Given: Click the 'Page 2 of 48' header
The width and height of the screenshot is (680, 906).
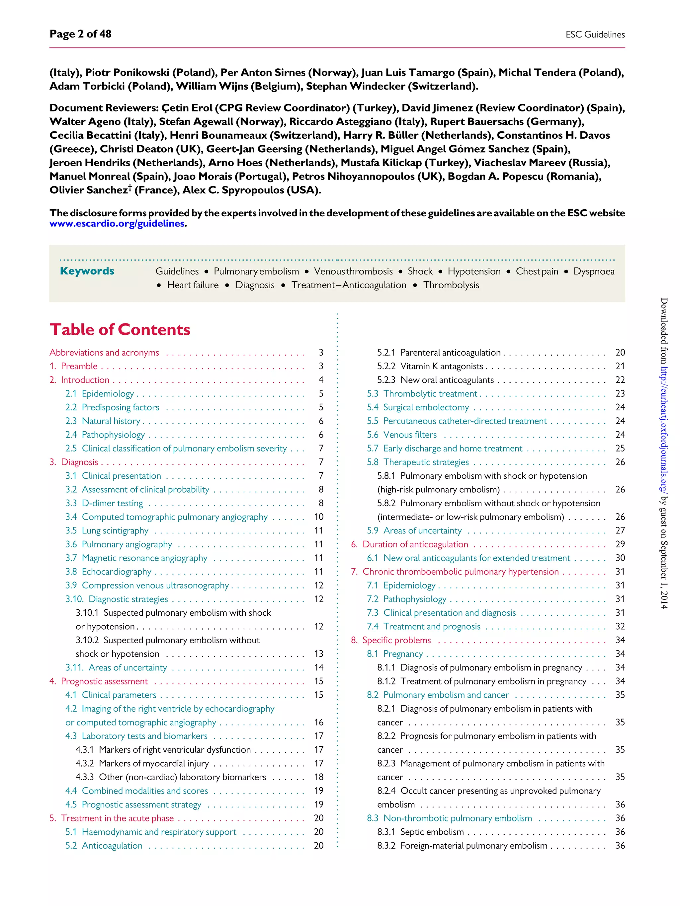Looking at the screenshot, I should (x=80, y=34).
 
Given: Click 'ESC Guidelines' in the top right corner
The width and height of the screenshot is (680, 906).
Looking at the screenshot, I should (x=595, y=35).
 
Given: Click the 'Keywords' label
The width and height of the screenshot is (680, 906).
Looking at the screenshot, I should (x=87, y=271).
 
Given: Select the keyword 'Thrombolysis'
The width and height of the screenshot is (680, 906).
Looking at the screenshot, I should (x=451, y=285).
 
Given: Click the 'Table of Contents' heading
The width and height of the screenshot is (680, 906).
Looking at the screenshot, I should (x=120, y=330).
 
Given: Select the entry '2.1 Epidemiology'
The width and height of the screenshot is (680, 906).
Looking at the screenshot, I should (x=100, y=393).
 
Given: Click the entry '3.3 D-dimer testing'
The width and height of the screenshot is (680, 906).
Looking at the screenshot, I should (x=104, y=503).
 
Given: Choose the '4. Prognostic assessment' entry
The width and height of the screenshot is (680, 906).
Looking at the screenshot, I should (x=98, y=681).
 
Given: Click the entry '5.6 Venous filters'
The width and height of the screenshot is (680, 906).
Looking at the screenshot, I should (x=402, y=435).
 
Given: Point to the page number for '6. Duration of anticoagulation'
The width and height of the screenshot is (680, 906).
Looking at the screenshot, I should (x=620, y=544).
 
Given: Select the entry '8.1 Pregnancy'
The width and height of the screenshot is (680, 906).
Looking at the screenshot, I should (x=395, y=654).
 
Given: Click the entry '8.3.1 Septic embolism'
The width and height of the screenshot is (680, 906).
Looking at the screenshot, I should (x=421, y=832).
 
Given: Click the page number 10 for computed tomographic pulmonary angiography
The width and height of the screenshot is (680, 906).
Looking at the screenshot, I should (x=318, y=517).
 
